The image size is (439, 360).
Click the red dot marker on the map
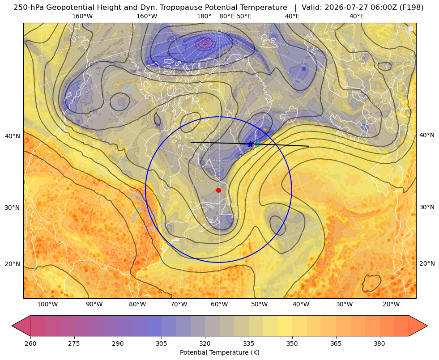(219, 190)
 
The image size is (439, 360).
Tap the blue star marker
(251, 144)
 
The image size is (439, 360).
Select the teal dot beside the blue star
(258, 144)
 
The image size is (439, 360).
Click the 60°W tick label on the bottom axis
(219, 304)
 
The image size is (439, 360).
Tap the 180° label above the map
(204, 16)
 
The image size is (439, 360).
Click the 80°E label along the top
(226, 16)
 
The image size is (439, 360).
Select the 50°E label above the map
(244, 16)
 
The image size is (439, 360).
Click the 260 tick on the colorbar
(30, 343)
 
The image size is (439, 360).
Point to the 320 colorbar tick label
(205, 343)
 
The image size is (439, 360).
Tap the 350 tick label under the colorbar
(292, 343)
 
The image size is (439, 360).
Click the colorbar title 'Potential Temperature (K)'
(219, 352)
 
